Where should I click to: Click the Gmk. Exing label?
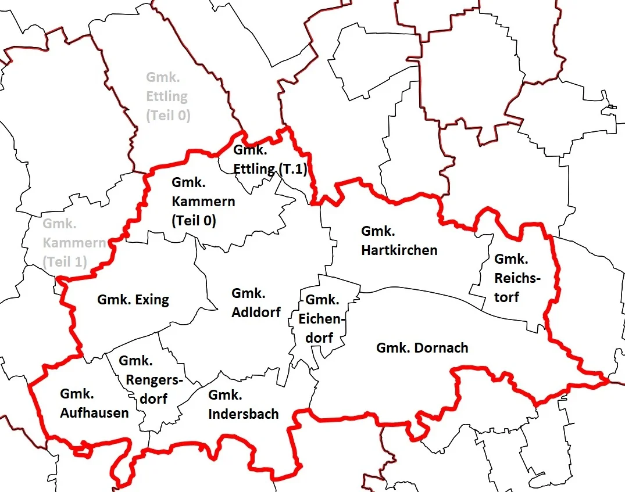point(133,300)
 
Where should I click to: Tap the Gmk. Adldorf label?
point(256,303)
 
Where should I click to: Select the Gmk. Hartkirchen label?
point(399,241)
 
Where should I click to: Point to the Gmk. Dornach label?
point(422,348)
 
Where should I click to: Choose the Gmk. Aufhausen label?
point(94,404)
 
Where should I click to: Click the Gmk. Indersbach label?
point(243,405)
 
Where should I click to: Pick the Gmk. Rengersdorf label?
point(151,379)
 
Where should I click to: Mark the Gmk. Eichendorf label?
point(322,318)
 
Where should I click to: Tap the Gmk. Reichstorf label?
point(517,278)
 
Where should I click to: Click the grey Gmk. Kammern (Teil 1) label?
point(73,242)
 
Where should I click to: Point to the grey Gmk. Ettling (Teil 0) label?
point(167,96)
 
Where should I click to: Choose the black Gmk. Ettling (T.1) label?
point(269,160)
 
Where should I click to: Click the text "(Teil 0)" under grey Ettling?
point(168,115)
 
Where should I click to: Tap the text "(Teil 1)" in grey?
point(65,261)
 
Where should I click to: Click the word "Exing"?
point(152,300)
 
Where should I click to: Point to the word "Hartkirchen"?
point(399,250)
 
